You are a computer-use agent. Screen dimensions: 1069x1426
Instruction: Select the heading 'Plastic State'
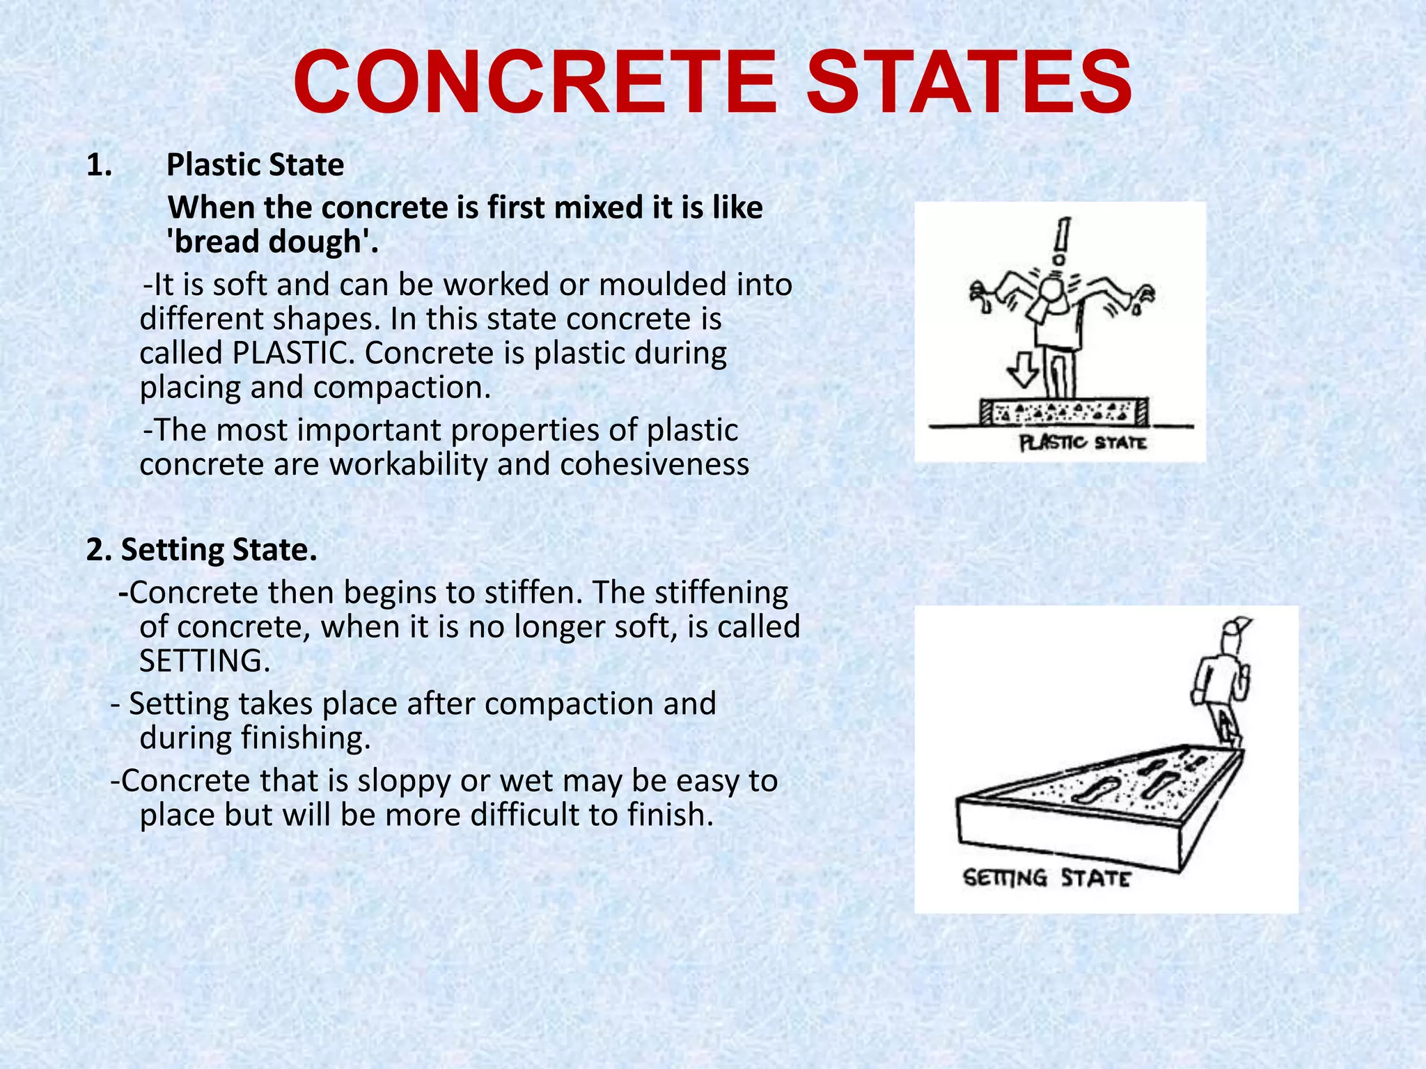point(255,166)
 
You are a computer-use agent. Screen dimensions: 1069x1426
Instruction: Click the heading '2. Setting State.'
point(202,550)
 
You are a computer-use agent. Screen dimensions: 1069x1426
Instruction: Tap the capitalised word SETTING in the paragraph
point(203,661)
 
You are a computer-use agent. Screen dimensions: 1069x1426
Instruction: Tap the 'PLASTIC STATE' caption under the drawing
point(1082,443)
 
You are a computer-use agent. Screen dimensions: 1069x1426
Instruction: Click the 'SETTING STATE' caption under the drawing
point(1046,878)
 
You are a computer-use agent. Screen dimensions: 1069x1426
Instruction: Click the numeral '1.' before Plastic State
point(99,166)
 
